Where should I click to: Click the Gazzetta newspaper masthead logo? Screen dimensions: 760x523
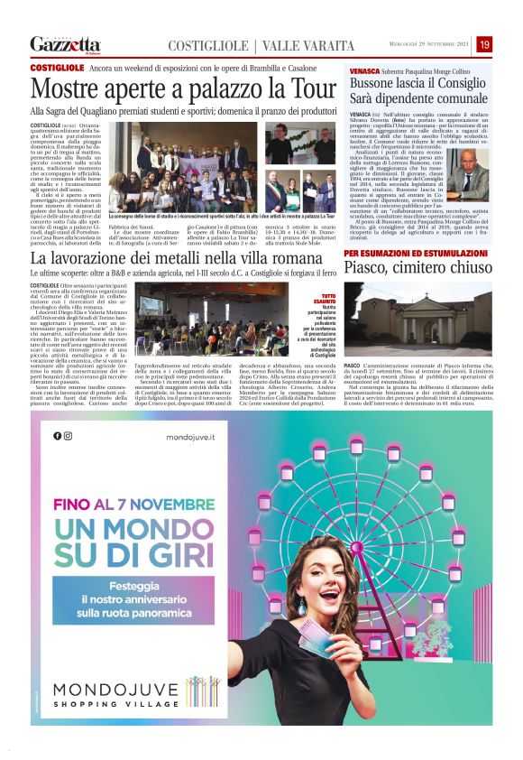pyautogui.click(x=65, y=43)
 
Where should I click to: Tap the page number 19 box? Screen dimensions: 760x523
pyautogui.click(x=484, y=44)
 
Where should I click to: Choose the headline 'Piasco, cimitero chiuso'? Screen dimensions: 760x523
pyautogui.click(x=417, y=268)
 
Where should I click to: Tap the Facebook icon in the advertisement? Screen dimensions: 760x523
pyautogui.click(x=58, y=435)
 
